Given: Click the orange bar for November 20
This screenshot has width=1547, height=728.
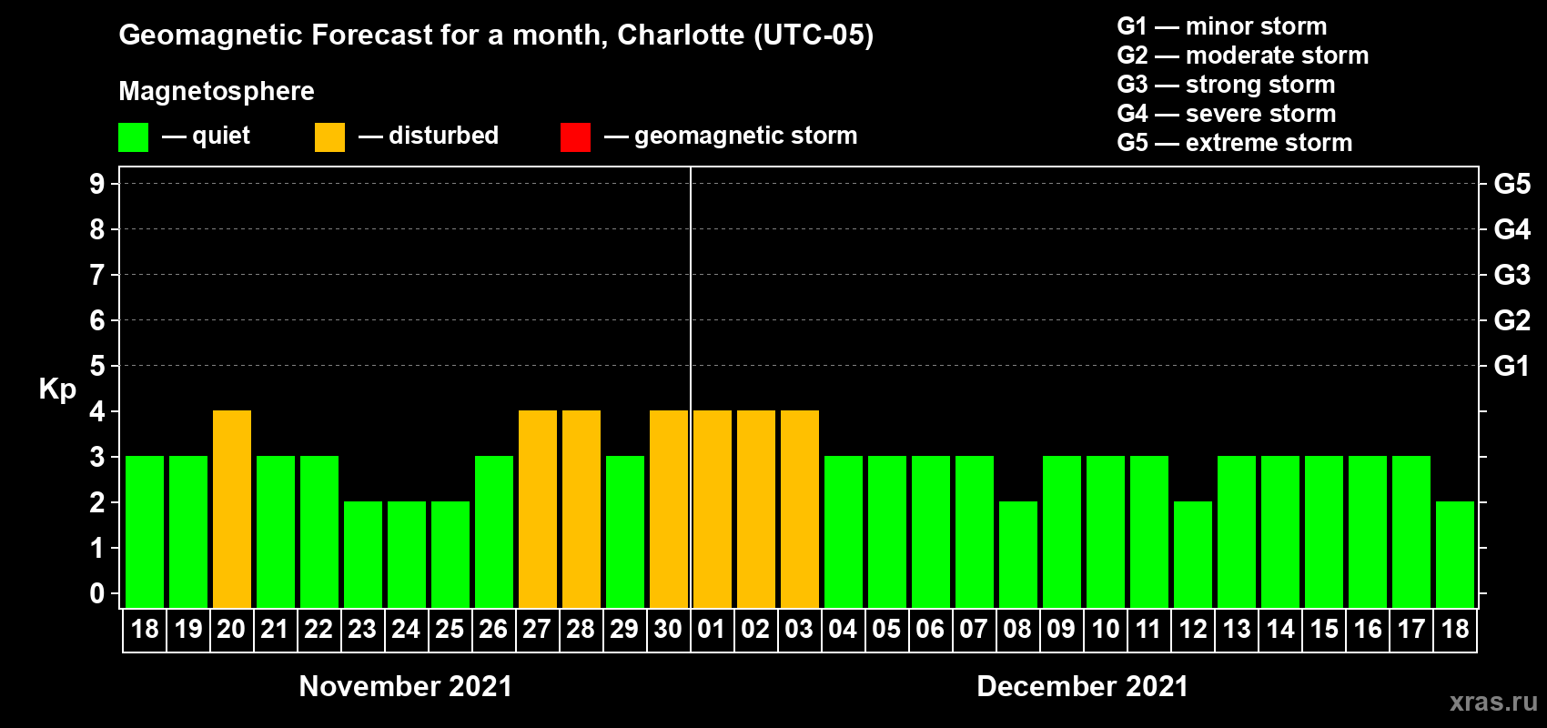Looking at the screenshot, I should point(232,509).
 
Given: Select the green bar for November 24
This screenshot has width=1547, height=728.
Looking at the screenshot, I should point(407,554).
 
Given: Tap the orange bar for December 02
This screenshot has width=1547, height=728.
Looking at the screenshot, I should point(756,509).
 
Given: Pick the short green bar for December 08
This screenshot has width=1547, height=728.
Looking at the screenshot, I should point(1018,554).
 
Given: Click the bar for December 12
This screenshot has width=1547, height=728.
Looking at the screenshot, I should point(1193,554).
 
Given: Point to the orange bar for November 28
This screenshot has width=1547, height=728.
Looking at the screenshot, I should point(581,509).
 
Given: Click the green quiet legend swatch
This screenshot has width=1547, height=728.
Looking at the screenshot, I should point(133,137).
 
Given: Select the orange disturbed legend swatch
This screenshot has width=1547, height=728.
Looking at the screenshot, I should point(329,137).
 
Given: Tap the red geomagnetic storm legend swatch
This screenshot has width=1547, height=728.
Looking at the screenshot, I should point(575,137).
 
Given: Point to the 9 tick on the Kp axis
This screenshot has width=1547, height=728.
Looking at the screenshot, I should point(97,184).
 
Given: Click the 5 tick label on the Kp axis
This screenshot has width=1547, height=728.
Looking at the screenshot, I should point(97,366).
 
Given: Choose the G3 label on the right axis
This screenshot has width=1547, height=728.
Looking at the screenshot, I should point(1512,275).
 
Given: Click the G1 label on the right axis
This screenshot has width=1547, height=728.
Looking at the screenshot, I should point(1512,366).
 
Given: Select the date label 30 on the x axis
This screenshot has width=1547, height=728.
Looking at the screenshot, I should point(668,629).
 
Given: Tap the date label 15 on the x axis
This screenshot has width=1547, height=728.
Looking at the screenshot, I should point(1324,629).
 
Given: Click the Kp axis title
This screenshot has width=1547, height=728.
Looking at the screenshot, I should point(57,389).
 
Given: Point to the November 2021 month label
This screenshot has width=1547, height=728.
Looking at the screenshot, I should point(406,686).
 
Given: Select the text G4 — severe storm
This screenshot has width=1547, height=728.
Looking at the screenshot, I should point(1227,114).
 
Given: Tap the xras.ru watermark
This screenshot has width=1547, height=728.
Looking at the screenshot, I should point(1493,701).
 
